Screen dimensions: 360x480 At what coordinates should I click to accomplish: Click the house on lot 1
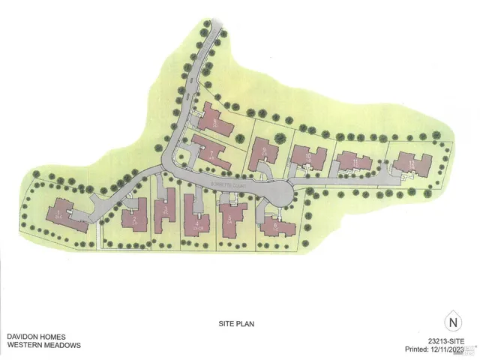coord(67,214)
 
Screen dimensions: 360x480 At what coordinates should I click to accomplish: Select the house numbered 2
coord(134,218)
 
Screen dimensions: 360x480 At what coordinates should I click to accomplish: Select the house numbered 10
coord(308,157)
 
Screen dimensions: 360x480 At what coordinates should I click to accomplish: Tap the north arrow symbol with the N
coord(452,322)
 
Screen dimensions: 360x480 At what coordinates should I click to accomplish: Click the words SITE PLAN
coord(232,325)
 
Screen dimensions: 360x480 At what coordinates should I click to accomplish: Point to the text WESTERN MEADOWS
coord(43,346)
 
